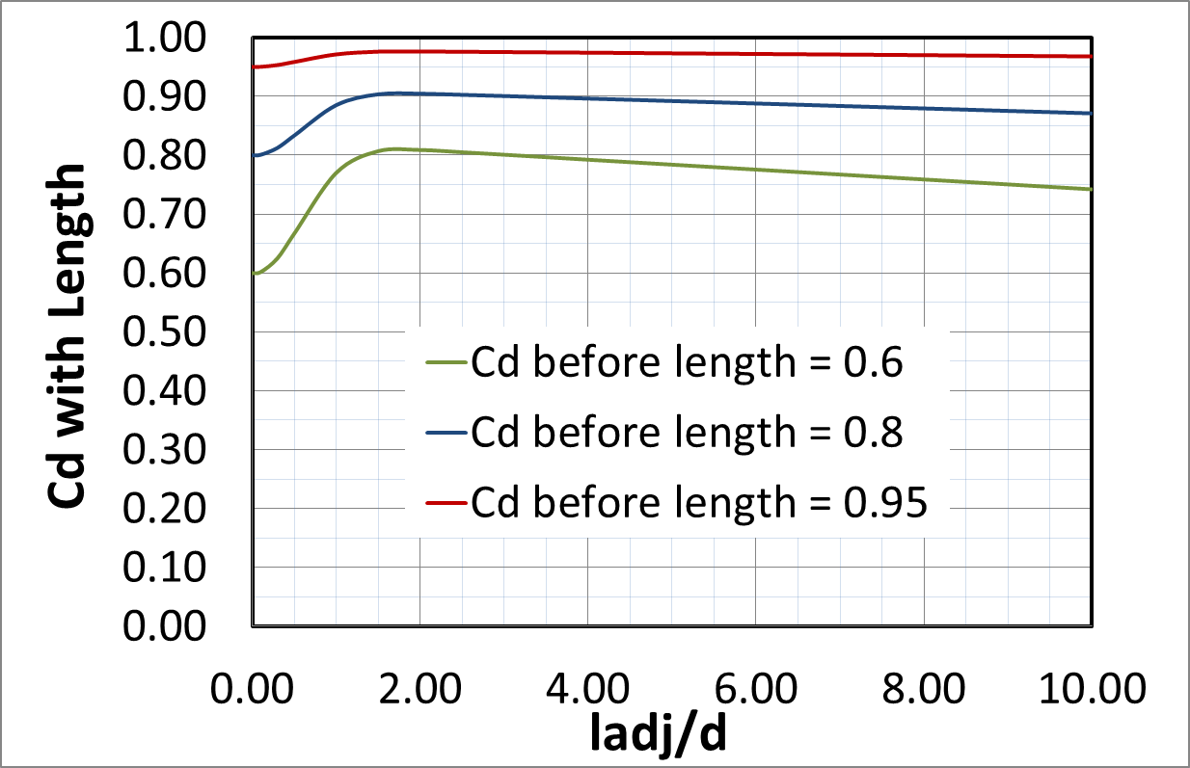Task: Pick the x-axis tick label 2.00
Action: [x=420, y=689]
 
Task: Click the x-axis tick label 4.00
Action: [x=588, y=689]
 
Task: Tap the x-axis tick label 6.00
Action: [x=756, y=689]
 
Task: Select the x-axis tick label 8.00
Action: [x=924, y=689]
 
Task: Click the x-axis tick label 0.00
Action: [x=253, y=689]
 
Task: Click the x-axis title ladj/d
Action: [x=659, y=735]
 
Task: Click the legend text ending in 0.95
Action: [x=699, y=503]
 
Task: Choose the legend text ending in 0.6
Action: [x=687, y=362]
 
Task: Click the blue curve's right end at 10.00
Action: [x=1090, y=114]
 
